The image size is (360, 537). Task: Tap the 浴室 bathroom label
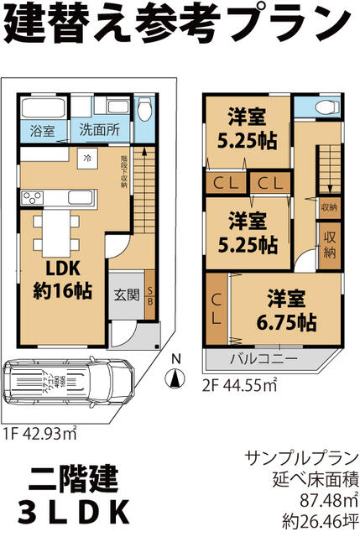[42, 131]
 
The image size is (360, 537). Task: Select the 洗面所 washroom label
[99, 131]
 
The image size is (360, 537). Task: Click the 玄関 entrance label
[127, 295]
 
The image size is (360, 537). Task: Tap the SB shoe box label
[150, 295]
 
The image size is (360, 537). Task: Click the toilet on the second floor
[323, 107]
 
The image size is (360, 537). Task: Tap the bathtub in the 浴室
[42, 108]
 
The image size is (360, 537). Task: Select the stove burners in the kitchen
[31, 198]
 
